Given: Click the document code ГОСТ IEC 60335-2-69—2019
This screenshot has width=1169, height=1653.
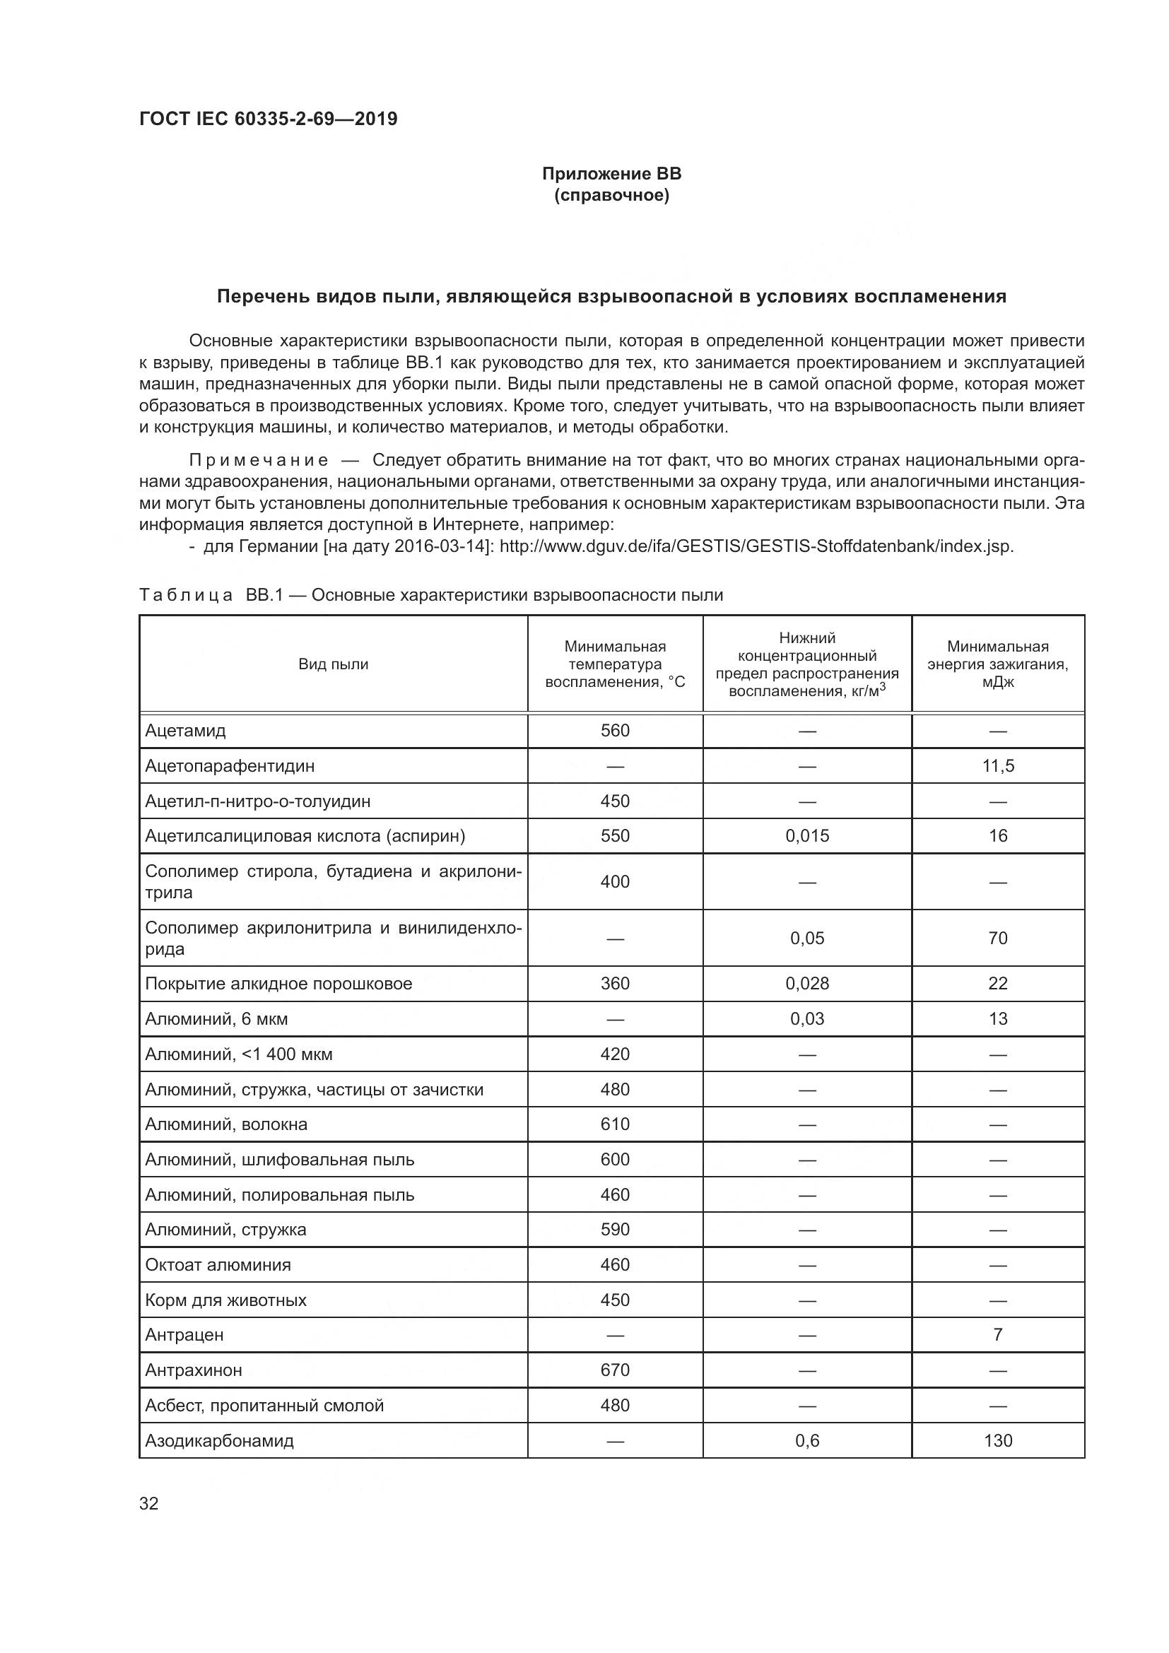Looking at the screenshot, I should (x=268, y=119).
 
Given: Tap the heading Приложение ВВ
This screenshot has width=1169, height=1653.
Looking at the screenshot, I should (x=611, y=174).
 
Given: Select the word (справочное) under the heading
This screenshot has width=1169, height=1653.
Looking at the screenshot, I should (x=611, y=195).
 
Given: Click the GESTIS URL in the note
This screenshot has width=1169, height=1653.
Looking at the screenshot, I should (x=756, y=546).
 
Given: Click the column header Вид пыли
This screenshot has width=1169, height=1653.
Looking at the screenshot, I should (x=334, y=664).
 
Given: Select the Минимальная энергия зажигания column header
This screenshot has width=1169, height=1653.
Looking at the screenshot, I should (x=998, y=664).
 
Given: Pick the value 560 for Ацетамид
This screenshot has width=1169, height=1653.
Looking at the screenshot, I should (x=615, y=731).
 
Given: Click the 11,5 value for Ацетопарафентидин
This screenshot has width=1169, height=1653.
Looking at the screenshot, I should (x=998, y=765).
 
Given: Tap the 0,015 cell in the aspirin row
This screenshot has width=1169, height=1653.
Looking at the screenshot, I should (x=807, y=836).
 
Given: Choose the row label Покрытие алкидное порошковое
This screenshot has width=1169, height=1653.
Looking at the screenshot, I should (x=278, y=984).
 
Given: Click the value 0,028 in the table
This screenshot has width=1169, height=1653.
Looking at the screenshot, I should (x=807, y=984).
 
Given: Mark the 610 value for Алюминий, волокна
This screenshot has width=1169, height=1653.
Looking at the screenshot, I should (x=615, y=1124).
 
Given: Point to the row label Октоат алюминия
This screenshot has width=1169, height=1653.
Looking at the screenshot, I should (x=218, y=1265).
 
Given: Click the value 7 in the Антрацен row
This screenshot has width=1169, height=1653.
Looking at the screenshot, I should (x=998, y=1335).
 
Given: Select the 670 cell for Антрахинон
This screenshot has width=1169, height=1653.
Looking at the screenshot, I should (x=615, y=1370).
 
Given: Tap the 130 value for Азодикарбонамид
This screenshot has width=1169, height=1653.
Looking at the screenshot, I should (x=998, y=1440).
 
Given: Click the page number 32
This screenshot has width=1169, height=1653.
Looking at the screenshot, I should (x=149, y=1503).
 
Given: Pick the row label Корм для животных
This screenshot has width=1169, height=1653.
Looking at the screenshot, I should (x=225, y=1300).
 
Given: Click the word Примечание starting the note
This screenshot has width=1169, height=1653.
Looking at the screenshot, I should (x=259, y=460).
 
